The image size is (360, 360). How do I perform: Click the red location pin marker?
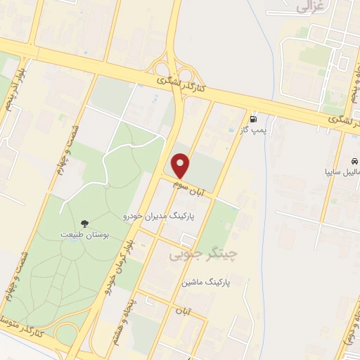[x=181, y=166]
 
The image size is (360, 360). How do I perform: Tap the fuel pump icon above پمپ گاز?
[x=253, y=118]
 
